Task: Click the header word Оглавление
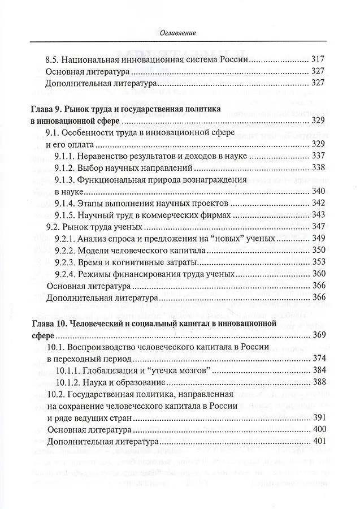[180, 33]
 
